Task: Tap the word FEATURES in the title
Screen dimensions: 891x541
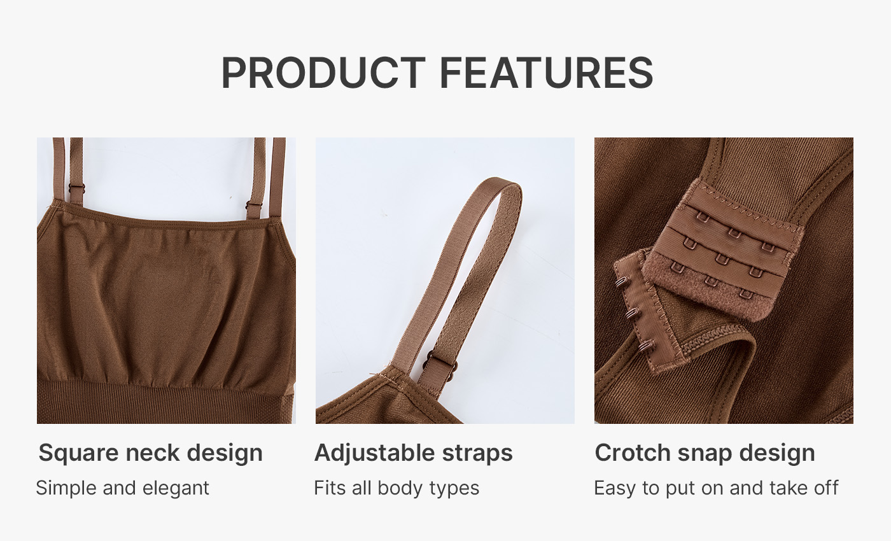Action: point(546,73)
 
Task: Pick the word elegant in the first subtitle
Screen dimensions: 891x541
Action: point(176,489)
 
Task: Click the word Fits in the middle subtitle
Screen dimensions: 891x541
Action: point(330,488)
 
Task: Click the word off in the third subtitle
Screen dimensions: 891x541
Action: point(827,488)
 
